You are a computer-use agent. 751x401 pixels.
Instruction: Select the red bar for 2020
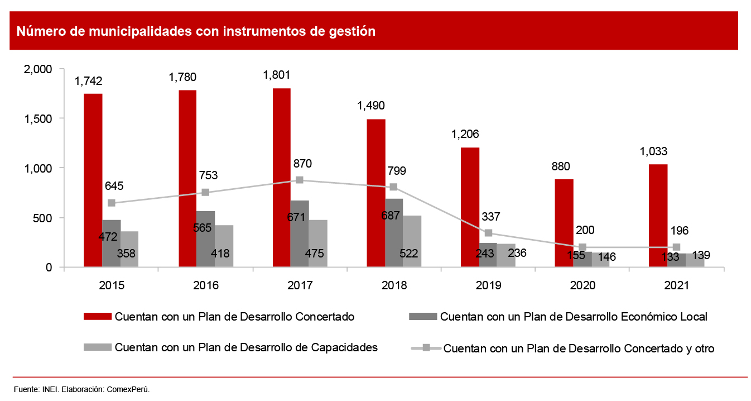point(564,223)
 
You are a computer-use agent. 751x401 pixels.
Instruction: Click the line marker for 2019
point(488,233)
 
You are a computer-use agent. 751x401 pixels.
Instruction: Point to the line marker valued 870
point(300,180)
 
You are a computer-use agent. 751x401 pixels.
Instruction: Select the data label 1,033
point(654,151)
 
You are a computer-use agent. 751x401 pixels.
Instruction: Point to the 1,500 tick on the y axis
point(38,118)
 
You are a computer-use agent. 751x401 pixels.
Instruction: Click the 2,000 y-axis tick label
point(38,69)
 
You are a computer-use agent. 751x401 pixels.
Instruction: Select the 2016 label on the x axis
point(206,285)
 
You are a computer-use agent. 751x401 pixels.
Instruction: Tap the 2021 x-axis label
point(676,285)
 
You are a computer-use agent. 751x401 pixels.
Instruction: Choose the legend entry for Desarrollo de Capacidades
point(246,347)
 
